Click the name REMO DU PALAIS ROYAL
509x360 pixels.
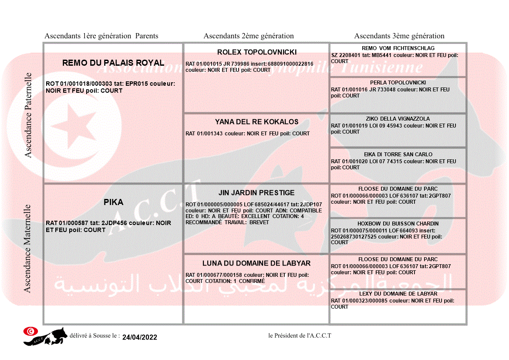(113, 63)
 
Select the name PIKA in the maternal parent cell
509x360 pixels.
(113, 202)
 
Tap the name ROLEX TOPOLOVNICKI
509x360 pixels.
(257, 52)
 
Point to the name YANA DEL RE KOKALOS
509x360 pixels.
(257, 122)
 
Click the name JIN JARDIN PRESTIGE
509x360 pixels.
(256, 192)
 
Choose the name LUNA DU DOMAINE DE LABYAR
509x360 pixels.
(256, 263)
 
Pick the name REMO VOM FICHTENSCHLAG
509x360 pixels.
(398, 48)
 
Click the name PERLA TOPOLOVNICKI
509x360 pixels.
(398, 82)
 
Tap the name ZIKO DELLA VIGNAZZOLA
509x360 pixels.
(398, 118)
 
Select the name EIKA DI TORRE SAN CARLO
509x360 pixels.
(398, 154)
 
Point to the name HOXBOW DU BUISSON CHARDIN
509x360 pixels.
(398, 224)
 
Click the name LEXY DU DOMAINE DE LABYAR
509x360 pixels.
(398, 294)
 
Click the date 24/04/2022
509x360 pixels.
(140, 337)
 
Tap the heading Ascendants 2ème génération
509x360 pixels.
(249, 36)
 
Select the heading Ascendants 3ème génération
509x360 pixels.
(399, 36)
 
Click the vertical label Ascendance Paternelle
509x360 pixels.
(28, 115)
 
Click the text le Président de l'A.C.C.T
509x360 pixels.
(300, 336)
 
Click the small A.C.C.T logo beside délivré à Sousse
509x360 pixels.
(45, 336)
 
